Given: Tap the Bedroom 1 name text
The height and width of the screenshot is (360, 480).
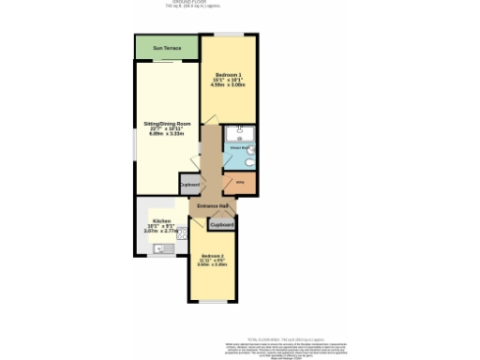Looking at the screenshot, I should pyautogui.click(x=229, y=74).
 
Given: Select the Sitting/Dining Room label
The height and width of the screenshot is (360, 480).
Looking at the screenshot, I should pyautogui.click(x=166, y=124).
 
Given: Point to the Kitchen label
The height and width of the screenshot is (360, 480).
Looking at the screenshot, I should pyautogui.click(x=161, y=221).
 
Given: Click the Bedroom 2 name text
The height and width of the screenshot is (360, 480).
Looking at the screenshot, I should pyautogui.click(x=212, y=256).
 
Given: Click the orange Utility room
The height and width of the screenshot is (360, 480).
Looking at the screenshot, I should pyautogui.click(x=240, y=184).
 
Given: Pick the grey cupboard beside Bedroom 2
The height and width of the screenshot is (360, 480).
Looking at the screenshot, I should pyautogui.click(x=222, y=225).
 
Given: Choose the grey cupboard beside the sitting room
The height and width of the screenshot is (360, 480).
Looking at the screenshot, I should pyautogui.click(x=188, y=185).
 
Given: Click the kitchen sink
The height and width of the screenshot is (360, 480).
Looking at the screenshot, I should pyautogui.click(x=158, y=248).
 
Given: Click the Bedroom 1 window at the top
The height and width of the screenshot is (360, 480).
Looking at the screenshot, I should pyautogui.click(x=230, y=36).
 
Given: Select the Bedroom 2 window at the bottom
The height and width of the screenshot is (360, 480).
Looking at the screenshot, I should pyautogui.click(x=213, y=303).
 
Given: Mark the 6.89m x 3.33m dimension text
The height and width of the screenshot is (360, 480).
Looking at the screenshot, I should pyautogui.click(x=166, y=136).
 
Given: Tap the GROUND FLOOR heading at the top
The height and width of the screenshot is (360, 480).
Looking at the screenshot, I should pyautogui.click(x=240, y=3).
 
